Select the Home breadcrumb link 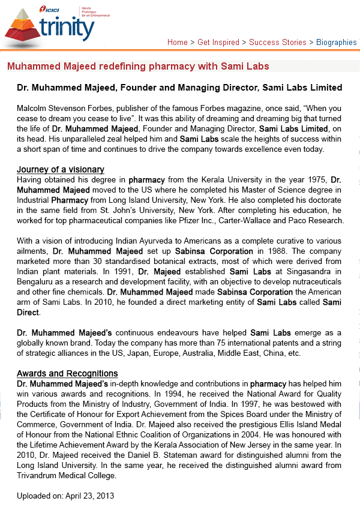point(178,42)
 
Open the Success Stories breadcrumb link point(278,42)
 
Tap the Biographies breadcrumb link point(337,42)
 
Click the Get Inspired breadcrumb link point(218,42)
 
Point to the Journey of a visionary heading point(61,169)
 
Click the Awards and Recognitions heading point(67,373)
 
